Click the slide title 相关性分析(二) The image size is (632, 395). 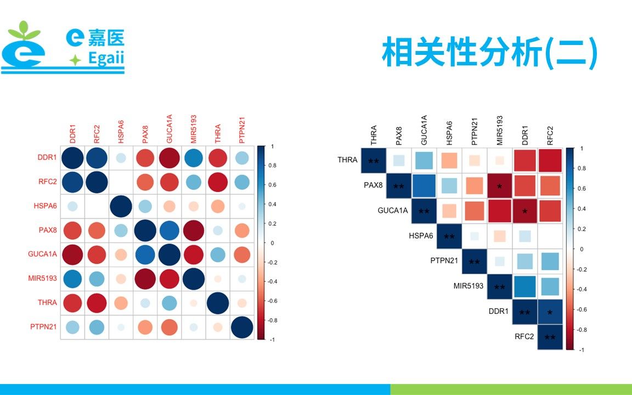point(489,53)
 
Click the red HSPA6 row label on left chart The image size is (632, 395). point(45,206)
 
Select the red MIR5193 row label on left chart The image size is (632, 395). point(42,279)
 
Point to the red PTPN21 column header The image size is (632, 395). point(242,130)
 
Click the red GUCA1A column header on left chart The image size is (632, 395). point(170,129)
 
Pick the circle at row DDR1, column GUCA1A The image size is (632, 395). point(170,157)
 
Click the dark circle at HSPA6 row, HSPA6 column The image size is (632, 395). point(121,206)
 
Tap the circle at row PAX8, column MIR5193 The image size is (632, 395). point(194,230)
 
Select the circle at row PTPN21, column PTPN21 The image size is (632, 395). point(242,327)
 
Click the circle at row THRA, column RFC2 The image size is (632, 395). point(97,303)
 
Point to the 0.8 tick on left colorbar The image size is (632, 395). point(272,165)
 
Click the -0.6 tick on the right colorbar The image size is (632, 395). point(582,309)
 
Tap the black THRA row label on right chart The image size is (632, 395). point(347,160)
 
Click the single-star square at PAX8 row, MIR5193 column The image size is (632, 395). point(499,186)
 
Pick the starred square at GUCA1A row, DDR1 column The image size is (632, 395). point(525,211)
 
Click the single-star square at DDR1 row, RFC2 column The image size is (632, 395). point(550,312)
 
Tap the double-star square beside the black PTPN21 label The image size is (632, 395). point(475,261)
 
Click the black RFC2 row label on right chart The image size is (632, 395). point(524,336)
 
